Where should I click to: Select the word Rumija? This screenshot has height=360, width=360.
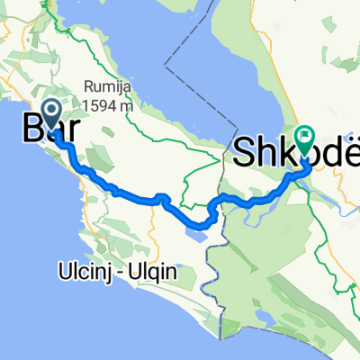click(x=102, y=86)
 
